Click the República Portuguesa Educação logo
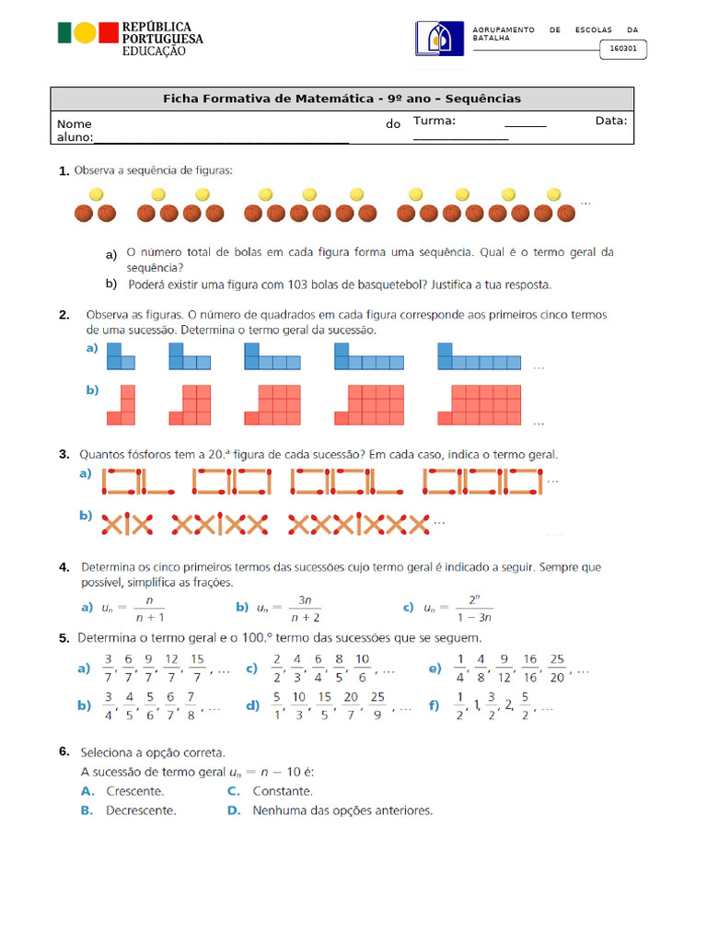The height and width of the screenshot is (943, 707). coord(130,38)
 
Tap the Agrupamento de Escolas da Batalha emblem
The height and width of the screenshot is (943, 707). coord(439,40)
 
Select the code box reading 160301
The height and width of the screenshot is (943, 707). coord(624,50)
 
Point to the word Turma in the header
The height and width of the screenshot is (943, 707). coord(435,121)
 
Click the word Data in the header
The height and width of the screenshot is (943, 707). coord(611,121)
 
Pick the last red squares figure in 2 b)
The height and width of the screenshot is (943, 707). coord(480,403)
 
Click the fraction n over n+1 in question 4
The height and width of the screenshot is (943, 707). coord(148,608)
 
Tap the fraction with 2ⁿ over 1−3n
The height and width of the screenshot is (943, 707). coord(473,607)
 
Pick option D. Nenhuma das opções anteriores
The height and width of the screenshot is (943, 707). coord(330,811)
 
